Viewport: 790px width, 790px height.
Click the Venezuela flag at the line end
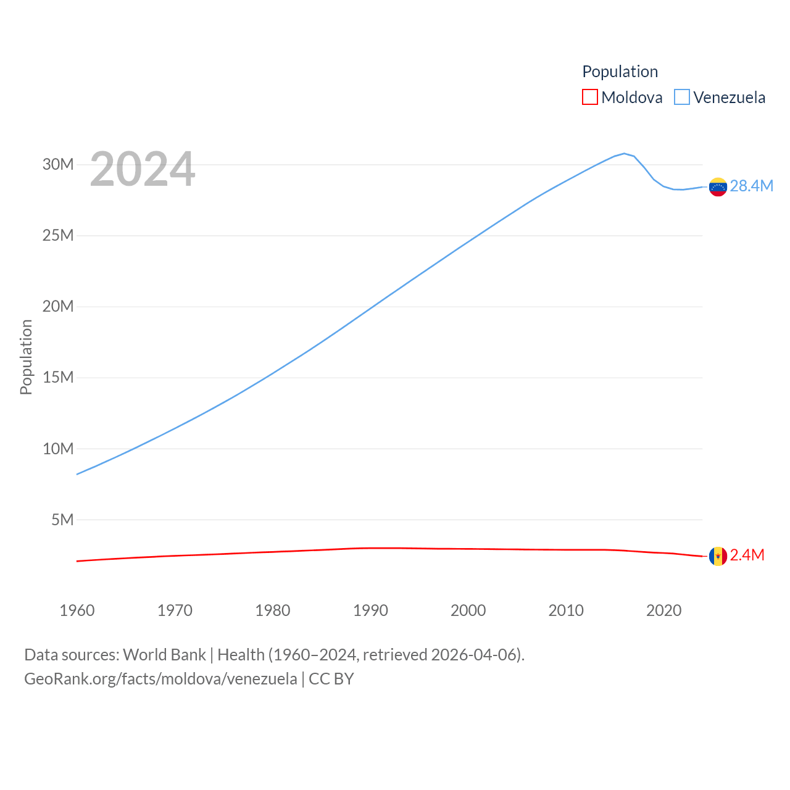coord(718,186)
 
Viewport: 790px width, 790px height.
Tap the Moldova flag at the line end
coord(718,556)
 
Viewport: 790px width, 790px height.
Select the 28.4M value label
coord(751,186)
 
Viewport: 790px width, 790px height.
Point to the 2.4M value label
coord(747,555)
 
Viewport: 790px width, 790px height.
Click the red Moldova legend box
coord(590,98)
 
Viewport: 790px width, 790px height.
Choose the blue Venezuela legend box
coord(681,98)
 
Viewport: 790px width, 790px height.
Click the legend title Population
coord(620,72)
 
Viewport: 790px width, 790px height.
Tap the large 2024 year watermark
coord(143,169)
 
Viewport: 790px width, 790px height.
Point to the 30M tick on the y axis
coord(58,164)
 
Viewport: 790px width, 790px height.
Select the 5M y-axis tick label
coord(62,520)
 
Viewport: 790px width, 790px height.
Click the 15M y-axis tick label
coord(58,377)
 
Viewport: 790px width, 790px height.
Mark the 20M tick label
coord(58,306)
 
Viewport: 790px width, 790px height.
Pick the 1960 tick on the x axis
coord(77,610)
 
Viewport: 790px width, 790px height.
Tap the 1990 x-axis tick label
coord(370,610)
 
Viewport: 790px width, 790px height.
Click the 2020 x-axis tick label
coord(663,610)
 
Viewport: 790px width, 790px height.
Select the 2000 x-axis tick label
coord(468,610)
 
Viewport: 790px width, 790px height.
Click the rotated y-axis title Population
coord(26,357)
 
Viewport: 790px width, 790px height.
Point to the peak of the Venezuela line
coord(624,153)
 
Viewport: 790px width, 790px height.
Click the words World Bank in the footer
coord(164,654)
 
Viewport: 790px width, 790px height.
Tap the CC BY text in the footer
coord(331,679)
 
